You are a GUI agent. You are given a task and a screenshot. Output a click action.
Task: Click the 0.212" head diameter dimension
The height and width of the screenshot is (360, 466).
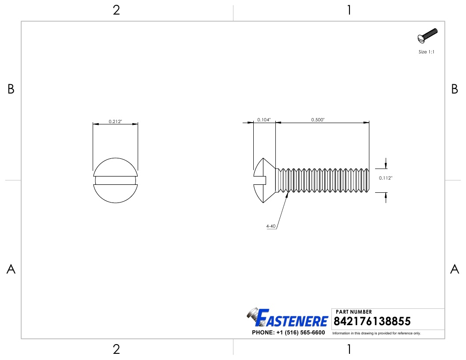tap(115, 122)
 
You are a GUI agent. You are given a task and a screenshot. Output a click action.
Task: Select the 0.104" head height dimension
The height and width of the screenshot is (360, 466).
tap(264, 120)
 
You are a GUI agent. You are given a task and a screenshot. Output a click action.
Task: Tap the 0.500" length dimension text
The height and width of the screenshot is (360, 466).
tap(318, 120)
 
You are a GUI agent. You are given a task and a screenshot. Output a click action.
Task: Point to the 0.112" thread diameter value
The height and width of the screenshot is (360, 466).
tap(386, 178)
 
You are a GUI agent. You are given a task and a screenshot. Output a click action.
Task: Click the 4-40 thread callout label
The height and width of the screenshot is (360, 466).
tap(271, 226)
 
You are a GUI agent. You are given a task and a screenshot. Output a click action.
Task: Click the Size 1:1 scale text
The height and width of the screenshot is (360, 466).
tap(427, 52)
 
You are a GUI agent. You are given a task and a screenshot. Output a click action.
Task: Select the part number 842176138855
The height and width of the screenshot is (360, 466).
tap(373, 321)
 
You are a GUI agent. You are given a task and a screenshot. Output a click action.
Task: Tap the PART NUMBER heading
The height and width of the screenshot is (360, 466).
tap(354, 312)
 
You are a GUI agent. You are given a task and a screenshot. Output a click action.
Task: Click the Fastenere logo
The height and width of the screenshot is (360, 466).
tap(288, 318)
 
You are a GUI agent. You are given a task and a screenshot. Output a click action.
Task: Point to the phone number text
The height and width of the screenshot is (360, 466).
tap(288, 333)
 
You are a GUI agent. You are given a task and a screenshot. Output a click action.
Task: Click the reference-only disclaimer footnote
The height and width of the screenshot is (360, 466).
tap(376, 333)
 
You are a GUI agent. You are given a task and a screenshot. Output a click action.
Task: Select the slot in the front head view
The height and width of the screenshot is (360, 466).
tap(115, 180)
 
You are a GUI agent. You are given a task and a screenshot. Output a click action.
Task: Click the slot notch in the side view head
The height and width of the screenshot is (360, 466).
tap(260, 180)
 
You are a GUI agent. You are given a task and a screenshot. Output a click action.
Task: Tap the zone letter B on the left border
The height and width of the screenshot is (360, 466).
tap(11, 90)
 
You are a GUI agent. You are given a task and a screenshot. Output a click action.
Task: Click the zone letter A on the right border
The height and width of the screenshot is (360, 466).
tap(455, 269)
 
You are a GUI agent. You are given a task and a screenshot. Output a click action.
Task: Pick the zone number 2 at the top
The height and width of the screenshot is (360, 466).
tap(116, 11)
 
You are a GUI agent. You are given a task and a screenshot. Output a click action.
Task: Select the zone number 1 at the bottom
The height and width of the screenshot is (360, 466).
tap(349, 349)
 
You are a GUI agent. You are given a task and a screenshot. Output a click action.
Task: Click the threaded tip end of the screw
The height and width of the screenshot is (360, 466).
tap(368, 180)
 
